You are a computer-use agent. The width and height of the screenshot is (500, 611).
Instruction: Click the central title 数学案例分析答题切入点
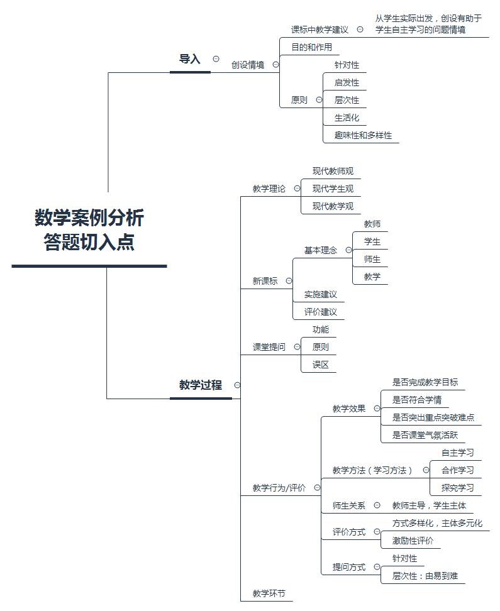click(x=89, y=230)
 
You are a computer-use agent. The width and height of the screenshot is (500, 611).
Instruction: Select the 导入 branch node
click(x=190, y=59)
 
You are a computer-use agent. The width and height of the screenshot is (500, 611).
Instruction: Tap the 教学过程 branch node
click(x=201, y=385)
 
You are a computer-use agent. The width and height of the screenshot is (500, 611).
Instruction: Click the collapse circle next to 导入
click(x=216, y=58)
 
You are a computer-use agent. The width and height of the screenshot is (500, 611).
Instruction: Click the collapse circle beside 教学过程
click(x=237, y=385)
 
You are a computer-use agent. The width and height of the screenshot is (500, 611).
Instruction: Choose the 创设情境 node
click(x=248, y=65)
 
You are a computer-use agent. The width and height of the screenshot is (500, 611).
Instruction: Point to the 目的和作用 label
click(x=311, y=47)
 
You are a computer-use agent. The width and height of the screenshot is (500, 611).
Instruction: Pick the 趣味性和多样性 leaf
click(x=363, y=135)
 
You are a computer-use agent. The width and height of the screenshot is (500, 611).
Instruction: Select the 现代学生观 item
click(x=333, y=189)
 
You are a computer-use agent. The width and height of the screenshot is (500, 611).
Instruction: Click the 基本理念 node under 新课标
click(x=321, y=250)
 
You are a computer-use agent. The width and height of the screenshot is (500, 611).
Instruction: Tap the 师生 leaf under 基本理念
click(x=372, y=259)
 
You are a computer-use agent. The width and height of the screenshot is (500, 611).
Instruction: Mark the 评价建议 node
click(x=321, y=312)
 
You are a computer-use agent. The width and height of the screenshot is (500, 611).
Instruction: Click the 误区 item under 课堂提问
click(x=321, y=365)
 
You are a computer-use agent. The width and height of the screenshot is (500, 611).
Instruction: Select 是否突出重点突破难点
click(x=433, y=417)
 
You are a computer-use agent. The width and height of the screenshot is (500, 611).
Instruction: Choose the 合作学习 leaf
click(x=458, y=470)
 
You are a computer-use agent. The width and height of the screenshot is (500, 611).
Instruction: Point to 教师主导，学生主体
click(x=430, y=505)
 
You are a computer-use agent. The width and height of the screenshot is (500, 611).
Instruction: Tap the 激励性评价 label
click(x=413, y=541)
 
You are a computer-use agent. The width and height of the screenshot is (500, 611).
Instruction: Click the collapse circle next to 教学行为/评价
click(x=316, y=487)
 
